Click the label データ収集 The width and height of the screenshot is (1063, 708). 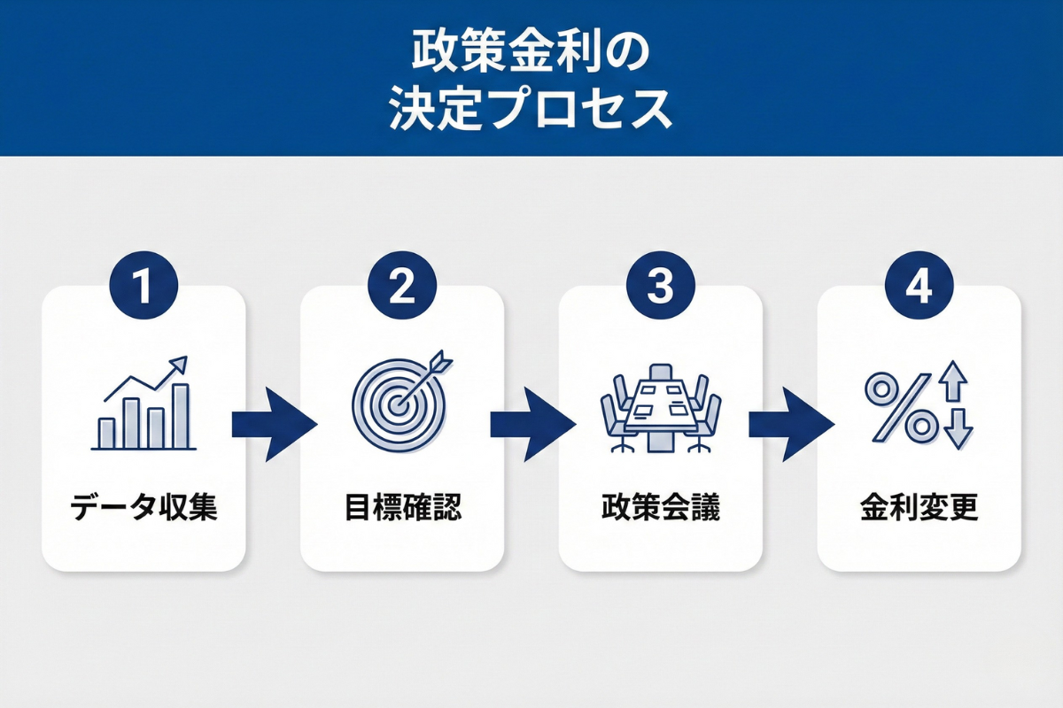click(144, 509)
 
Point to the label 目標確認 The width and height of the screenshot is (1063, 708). click(402, 509)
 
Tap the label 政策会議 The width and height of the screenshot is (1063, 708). click(661, 509)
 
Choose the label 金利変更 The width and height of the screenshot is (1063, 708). click(919, 509)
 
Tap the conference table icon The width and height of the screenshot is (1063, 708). click(661, 406)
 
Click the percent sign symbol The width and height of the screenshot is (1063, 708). click(900, 408)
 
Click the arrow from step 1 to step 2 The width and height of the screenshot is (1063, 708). click(273, 425)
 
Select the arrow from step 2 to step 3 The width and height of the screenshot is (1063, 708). click(531, 425)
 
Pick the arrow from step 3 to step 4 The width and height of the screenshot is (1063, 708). click(790, 425)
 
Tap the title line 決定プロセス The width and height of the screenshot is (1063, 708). click(531, 111)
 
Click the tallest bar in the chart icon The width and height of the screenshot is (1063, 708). click(180, 416)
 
